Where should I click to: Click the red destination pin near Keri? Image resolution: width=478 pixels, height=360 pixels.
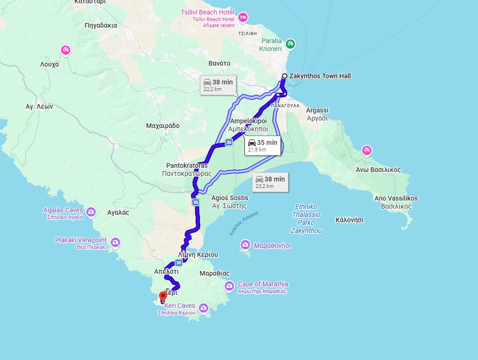click(163, 296)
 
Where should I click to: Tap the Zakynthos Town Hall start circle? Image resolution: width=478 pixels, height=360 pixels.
click(284, 76)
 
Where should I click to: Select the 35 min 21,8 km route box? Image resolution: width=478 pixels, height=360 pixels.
click(262, 145)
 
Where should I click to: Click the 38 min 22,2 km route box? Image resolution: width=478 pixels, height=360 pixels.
click(218, 85)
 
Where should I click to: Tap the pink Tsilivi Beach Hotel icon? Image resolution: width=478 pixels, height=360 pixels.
click(243, 18)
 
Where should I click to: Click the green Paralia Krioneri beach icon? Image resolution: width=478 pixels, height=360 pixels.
click(290, 44)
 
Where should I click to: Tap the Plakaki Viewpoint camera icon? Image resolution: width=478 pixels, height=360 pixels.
click(115, 243)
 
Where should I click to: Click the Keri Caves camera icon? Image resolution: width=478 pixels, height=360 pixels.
click(203, 308)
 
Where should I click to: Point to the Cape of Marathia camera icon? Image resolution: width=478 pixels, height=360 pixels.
click(229, 286)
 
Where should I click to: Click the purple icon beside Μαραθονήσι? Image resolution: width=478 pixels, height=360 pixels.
click(245, 245)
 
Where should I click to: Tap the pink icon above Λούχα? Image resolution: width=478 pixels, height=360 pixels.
click(66, 50)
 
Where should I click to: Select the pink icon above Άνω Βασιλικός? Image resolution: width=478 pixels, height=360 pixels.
click(366, 150)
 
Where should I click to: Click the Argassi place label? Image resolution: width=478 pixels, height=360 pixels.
click(317, 111)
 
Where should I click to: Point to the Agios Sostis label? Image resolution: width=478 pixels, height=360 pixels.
click(229, 198)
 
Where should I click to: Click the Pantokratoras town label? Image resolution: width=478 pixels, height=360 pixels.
click(187, 165)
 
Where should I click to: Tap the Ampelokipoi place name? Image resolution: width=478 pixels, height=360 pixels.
click(248, 121)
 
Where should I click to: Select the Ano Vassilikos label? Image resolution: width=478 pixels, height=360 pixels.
click(396, 198)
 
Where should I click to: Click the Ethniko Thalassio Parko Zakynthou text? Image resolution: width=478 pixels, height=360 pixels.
click(306, 218)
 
